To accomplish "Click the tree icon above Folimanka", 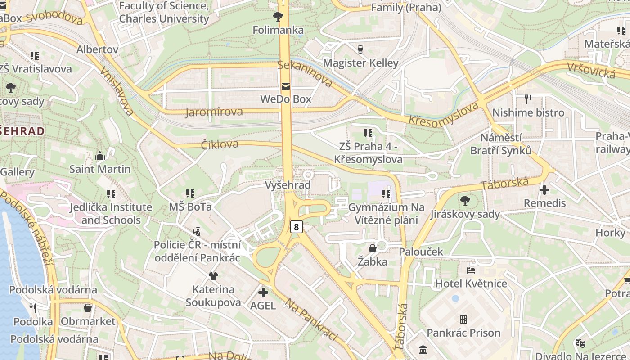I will click(278, 17).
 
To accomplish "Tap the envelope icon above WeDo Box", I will click(285, 86).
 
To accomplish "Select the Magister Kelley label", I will click(360, 63).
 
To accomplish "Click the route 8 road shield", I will click(296, 227).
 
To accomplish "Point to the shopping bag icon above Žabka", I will click(373, 248).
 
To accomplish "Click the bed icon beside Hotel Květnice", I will click(471, 270).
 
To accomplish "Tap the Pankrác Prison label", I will click(463, 333).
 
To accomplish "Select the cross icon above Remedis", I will click(544, 190).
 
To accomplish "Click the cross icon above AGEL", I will click(263, 292).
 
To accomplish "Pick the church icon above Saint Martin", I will click(100, 156).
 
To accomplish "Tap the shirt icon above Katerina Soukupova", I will click(213, 276).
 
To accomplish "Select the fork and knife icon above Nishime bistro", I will click(528, 99).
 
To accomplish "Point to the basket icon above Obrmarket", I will click(88, 308).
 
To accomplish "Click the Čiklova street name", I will click(220, 144).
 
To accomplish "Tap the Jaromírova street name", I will click(214, 112).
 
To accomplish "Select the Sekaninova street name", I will click(305, 73).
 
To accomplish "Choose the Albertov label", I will click(97, 49).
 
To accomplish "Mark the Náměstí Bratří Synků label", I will click(501, 144).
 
